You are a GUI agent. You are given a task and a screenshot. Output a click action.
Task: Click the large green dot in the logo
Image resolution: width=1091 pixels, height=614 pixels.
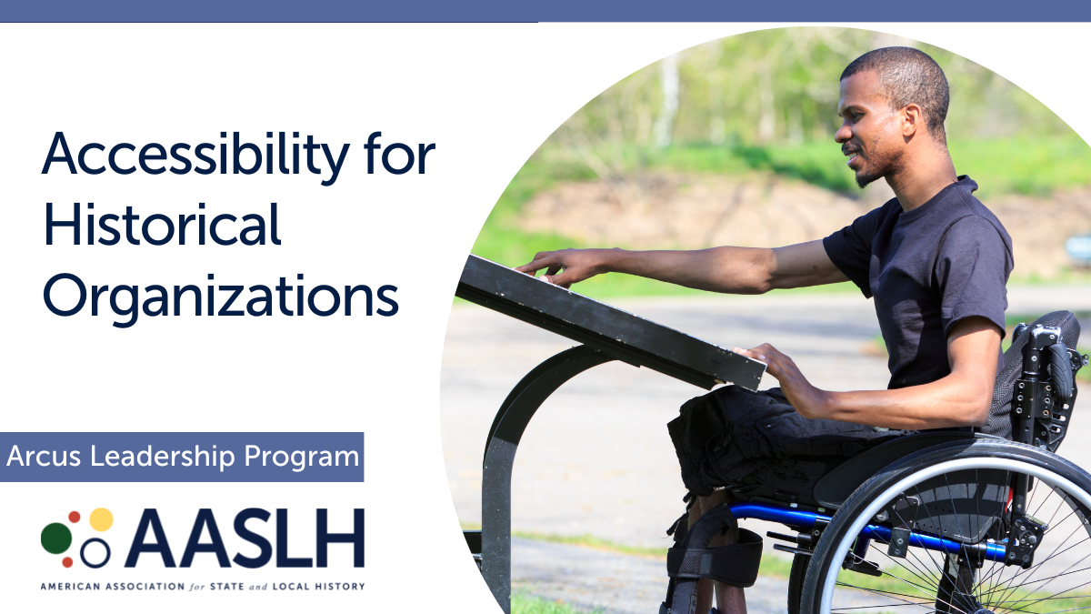coord(56,538)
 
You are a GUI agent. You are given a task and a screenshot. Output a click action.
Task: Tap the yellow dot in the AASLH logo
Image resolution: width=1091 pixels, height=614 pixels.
coord(101,519)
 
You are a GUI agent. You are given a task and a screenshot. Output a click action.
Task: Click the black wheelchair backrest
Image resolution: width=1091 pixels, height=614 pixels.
coord(1046,364)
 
